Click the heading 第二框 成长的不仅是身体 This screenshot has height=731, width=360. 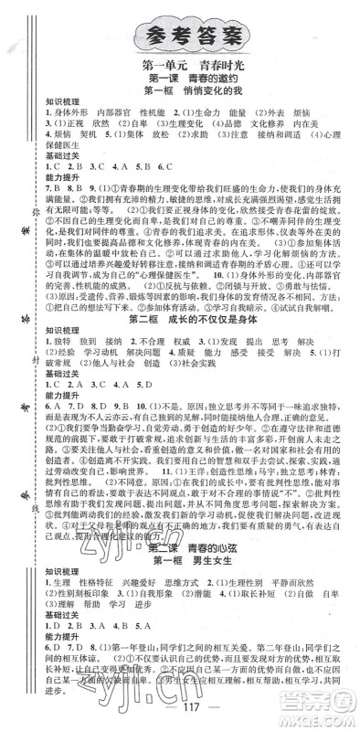pyautogui.click(x=195, y=309)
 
